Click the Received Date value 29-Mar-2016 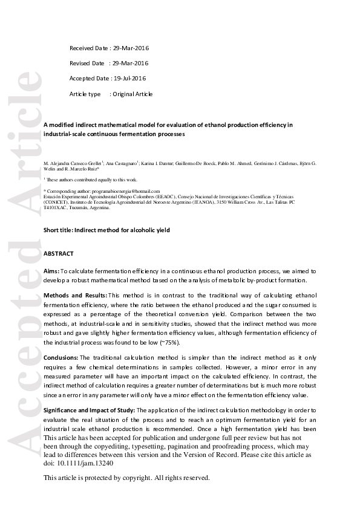(x=131, y=48)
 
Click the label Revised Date (x=87, y=63)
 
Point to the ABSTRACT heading (x=59, y=254)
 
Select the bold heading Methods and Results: (x=75, y=295)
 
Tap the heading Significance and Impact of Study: (x=90, y=409)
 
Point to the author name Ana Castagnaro (x=123, y=163)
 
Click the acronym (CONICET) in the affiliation (x=57, y=201)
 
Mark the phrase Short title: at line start (x=59, y=230)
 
